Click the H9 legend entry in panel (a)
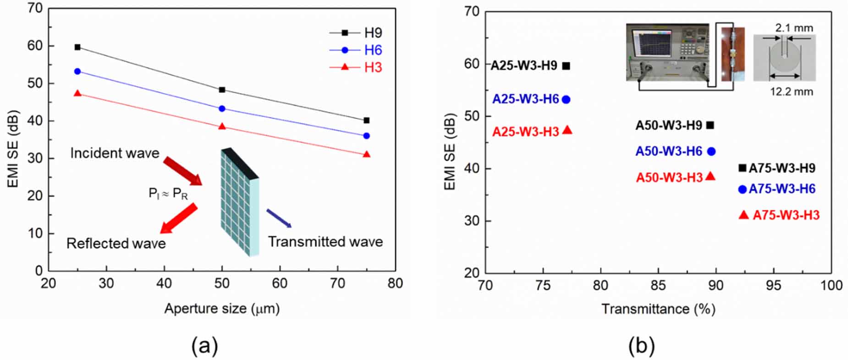click(x=372, y=33)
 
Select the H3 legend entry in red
click(x=372, y=67)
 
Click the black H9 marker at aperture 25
click(x=77, y=47)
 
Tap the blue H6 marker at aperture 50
click(x=222, y=109)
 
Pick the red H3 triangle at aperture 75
click(x=366, y=155)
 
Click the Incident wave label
click(x=115, y=153)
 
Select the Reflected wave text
click(x=116, y=243)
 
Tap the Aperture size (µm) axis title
click(x=222, y=309)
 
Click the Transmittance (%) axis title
click(x=658, y=309)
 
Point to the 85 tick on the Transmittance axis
click(x=658, y=286)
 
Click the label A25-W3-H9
click(x=524, y=66)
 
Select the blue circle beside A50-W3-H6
click(x=711, y=151)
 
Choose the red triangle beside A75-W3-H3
click(x=743, y=215)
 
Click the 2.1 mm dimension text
click(x=794, y=28)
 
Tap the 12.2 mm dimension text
click(x=791, y=92)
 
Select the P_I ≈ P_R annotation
click(x=168, y=194)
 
